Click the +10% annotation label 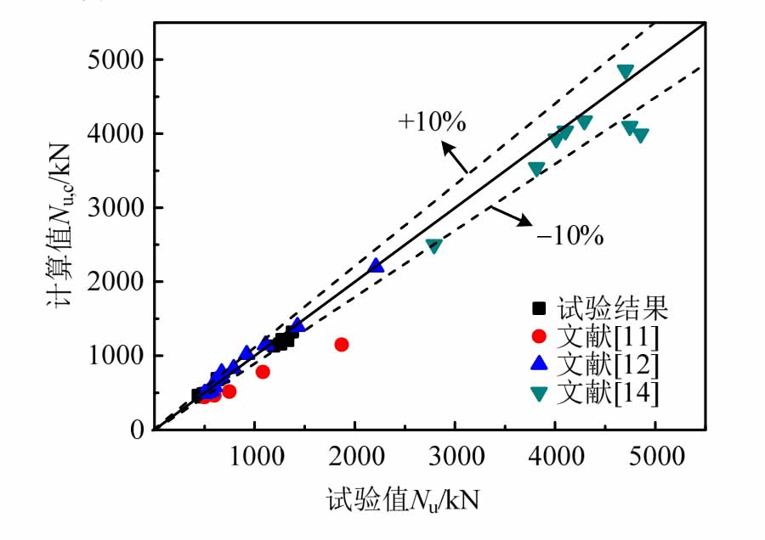pyautogui.click(x=431, y=122)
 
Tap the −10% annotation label pyautogui.click(x=569, y=235)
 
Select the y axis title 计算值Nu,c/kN pyautogui.click(x=69, y=244)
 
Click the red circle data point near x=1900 pyautogui.click(x=342, y=345)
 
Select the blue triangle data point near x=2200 pyautogui.click(x=376, y=266)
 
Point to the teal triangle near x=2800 pyautogui.click(x=433, y=246)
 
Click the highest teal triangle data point pyautogui.click(x=626, y=72)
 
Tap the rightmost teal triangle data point pyautogui.click(x=641, y=135)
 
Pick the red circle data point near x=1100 pyautogui.click(x=263, y=372)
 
